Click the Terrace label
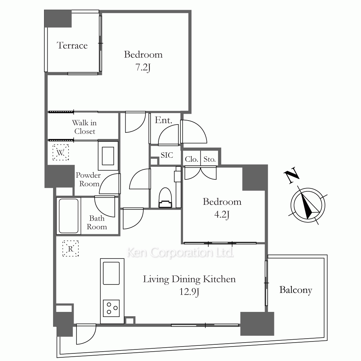(72, 45)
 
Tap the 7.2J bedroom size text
(143, 68)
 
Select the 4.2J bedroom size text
(222, 215)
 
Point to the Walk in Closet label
(84, 127)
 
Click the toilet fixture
(165, 197)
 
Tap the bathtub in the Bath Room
(69, 216)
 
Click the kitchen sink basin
(111, 273)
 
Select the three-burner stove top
(111, 308)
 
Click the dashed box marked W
(61, 152)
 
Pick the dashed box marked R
(70, 249)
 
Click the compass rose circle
(308, 205)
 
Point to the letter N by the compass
(292, 176)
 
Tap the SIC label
(167, 155)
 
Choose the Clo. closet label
(192, 159)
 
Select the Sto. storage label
(209, 159)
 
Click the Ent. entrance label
(164, 120)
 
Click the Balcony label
(296, 290)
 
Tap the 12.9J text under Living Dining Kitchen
(189, 292)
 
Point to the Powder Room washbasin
(108, 156)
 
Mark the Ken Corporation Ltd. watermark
(180, 252)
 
